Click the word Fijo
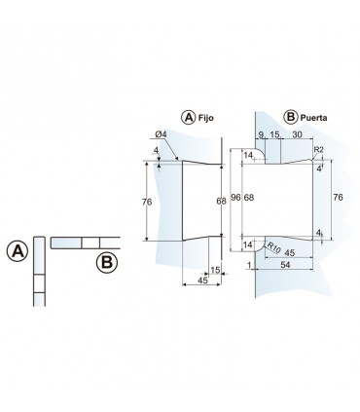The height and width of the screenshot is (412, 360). [x=206, y=118]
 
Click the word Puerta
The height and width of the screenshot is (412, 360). [x=313, y=118]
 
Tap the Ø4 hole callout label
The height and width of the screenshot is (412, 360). [x=161, y=133]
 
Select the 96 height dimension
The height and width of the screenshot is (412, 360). [x=235, y=197]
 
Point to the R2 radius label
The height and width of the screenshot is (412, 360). [x=318, y=149]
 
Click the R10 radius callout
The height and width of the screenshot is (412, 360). [x=273, y=248]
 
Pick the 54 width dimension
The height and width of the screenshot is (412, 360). [x=285, y=265]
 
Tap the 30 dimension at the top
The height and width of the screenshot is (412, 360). [x=297, y=134]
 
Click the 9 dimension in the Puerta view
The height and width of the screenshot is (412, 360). [x=261, y=134]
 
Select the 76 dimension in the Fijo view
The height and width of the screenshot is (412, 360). [x=147, y=202]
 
